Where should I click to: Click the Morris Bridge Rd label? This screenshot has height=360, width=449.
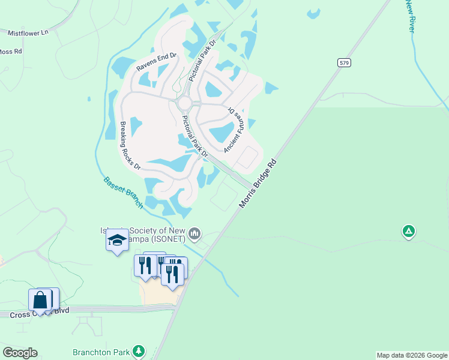click(258, 184)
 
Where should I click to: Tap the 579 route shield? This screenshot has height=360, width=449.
click(343, 62)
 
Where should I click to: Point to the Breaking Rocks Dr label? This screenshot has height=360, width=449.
click(130, 146)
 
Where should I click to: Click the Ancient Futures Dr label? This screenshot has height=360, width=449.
click(234, 130)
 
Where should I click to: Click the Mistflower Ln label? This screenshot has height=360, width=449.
click(28, 34)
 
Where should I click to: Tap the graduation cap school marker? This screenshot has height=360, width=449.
click(117, 241)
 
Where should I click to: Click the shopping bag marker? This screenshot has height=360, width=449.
click(40, 299)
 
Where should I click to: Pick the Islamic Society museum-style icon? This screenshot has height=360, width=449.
click(194, 233)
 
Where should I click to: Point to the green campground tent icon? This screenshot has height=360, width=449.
click(409, 231)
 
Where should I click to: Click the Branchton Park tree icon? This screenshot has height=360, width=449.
click(139, 350)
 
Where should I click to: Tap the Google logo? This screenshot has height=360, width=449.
click(20, 353)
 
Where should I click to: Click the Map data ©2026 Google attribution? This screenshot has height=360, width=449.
click(412, 355)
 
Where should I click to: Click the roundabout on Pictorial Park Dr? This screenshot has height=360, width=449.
click(184, 104)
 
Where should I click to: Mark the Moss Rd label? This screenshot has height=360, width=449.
click(10, 52)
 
